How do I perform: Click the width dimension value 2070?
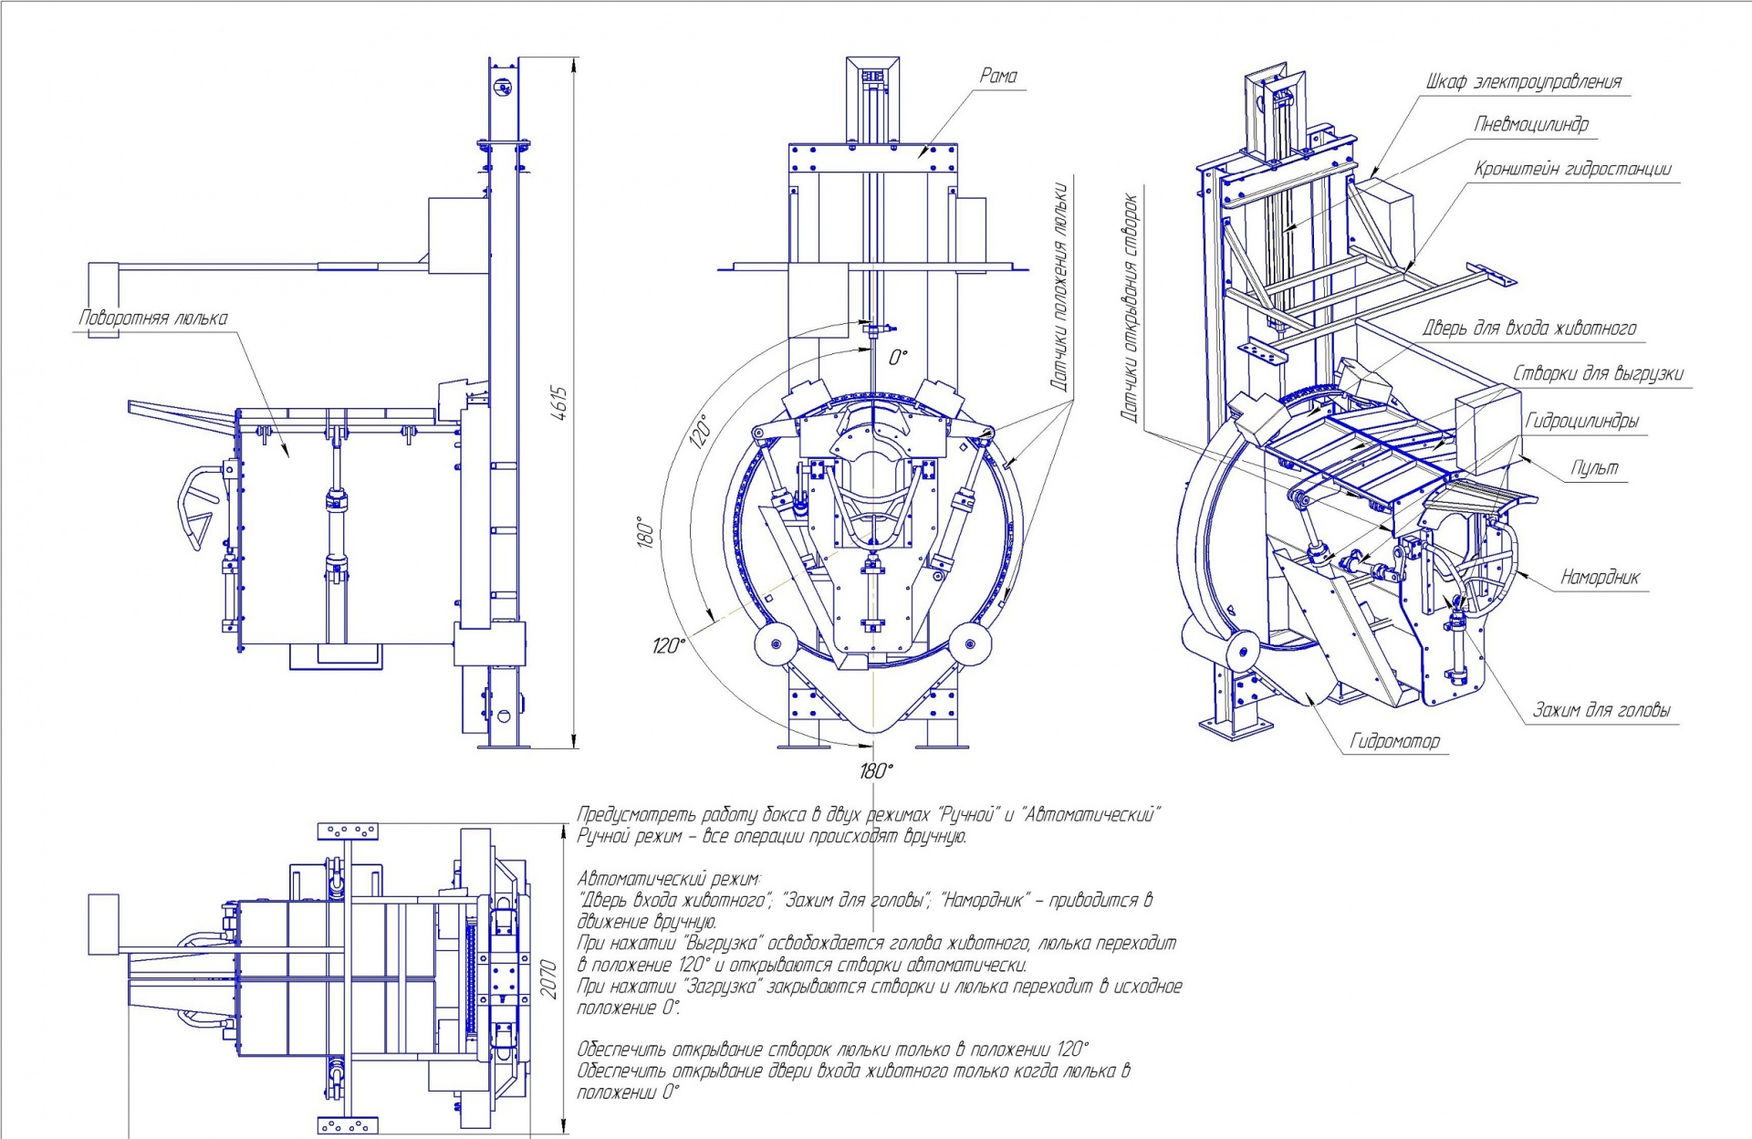click(547, 979)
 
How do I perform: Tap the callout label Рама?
click(998, 77)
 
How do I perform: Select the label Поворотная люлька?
click(153, 319)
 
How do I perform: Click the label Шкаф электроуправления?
click(1524, 82)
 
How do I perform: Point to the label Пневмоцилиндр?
click(1531, 125)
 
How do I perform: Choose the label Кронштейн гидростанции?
click(1573, 170)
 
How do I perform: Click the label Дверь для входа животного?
click(1529, 329)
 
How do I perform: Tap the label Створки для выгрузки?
click(1598, 374)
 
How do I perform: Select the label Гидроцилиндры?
click(1581, 422)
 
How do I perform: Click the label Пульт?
click(1594, 469)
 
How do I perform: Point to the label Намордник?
click(1600, 578)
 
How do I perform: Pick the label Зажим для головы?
click(1601, 711)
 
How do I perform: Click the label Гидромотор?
click(1394, 742)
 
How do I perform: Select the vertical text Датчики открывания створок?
click(1130, 307)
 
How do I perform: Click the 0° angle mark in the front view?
click(899, 357)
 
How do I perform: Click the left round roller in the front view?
click(777, 644)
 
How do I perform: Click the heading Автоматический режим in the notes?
click(668, 879)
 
